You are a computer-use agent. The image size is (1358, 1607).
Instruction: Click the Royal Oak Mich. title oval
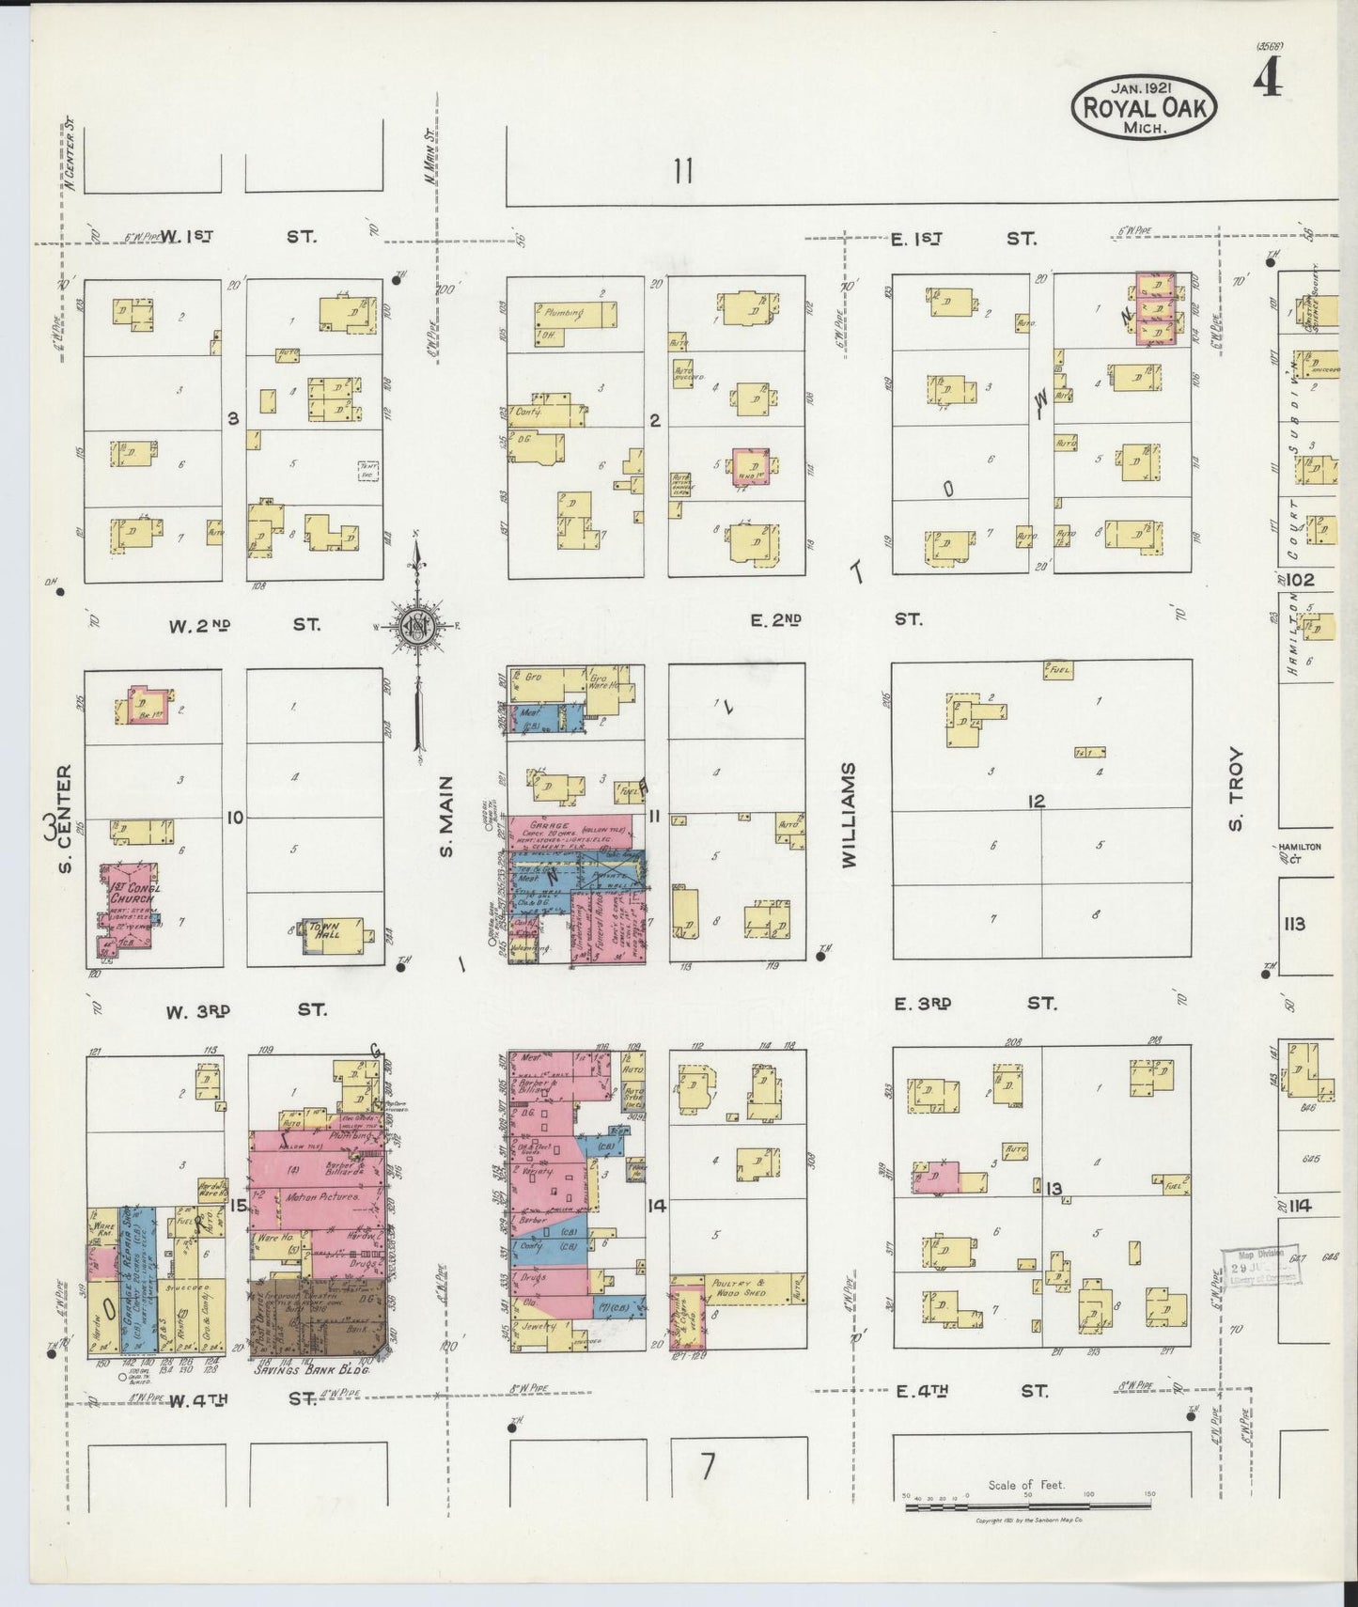(x=1143, y=105)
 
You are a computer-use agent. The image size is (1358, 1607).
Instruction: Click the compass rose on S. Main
(x=414, y=628)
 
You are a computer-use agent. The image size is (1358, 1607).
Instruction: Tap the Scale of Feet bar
(x=1028, y=1506)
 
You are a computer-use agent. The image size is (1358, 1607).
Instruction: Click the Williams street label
(x=850, y=814)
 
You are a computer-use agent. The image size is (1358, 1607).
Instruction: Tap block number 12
(x=1036, y=802)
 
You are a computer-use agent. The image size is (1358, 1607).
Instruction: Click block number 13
(x=1054, y=1190)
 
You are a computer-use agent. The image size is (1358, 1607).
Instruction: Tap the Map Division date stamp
(x=1260, y=1268)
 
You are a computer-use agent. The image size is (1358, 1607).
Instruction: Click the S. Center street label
(x=65, y=818)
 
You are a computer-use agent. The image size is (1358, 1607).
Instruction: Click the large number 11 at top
(x=683, y=171)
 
